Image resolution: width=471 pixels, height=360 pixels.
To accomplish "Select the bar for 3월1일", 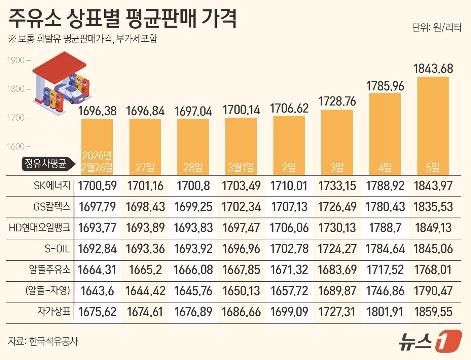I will click(x=241, y=145).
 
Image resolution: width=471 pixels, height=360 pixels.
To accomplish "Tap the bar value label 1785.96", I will click(x=385, y=86).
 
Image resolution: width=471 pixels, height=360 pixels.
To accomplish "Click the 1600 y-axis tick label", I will click(x=16, y=147).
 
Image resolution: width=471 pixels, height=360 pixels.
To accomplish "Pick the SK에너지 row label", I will click(x=52, y=186).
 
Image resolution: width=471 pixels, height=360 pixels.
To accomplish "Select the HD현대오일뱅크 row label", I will click(x=40, y=228).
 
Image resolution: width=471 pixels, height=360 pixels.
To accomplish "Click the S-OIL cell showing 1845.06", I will click(x=433, y=249).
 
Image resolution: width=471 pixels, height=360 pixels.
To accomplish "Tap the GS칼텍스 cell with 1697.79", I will click(x=97, y=207).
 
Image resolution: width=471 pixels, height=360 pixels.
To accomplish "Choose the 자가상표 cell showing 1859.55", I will click(x=433, y=312).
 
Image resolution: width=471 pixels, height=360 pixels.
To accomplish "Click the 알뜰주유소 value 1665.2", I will click(x=145, y=270).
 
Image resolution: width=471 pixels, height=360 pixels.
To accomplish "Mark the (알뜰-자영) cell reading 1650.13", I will click(x=241, y=291).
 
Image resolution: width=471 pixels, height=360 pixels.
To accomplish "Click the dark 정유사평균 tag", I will click(x=45, y=164).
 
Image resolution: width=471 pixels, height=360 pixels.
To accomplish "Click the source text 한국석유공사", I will click(x=54, y=342).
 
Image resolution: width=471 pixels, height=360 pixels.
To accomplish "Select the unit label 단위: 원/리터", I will click(x=437, y=28).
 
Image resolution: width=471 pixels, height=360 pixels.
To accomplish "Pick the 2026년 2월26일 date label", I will click(x=97, y=161).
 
